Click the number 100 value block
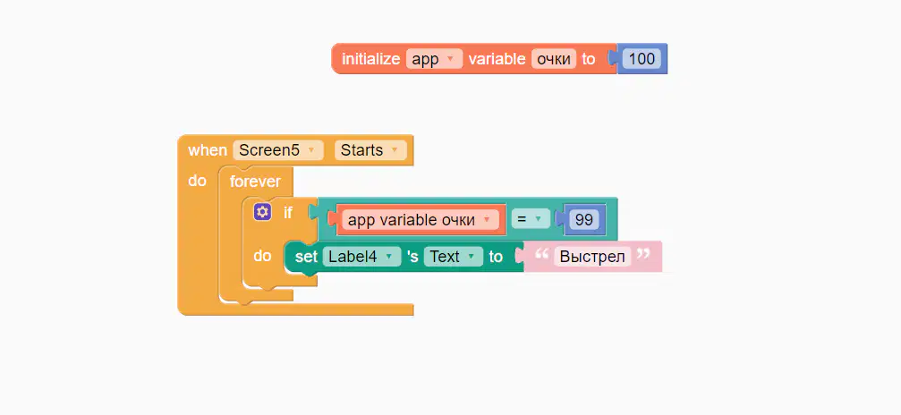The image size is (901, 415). pyautogui.click(x=642, y=59)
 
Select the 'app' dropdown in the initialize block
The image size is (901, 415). pyautogui.click(x=434, y=59)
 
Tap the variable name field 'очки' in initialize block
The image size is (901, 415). pyautogui.click(x=553, y=59)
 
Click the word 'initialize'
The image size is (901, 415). pyautogui.click(x=370, y=59)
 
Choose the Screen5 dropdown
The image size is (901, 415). pyautogui.click(x=278, y=150)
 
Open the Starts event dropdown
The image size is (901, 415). pyautogui.click(x=370, y=150)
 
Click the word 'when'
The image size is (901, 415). pyautogui.click(x=208, y=150)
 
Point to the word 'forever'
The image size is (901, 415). pyautogui.click(x=255, y=182)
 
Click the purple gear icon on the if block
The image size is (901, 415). pyautogui.click(x=262, y=212)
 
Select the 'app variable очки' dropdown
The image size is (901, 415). pyautogui.click(x=420, y=219)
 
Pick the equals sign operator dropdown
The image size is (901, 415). pyautogui.click(x=531, y=219)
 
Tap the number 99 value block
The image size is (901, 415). pyautogui.click(x=583, y=219)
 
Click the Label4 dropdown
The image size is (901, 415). pyautogui.click(x=361, y=257)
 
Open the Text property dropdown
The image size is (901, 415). pyautogui.click(x=453, y=257)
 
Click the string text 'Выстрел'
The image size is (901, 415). pyautogui.click(x=592, y=257)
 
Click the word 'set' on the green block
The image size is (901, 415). pyautogui.click(x=306, y=257)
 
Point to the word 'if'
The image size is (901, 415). pyautogui.click(x=288, y=213)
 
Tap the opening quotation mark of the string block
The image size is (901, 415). pyautogui.click(x=541, y=253)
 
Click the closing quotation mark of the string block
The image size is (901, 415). pyautogui.click(x=643, y=253)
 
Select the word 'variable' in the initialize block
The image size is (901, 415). pyautogui.click(x=497, y=59)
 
